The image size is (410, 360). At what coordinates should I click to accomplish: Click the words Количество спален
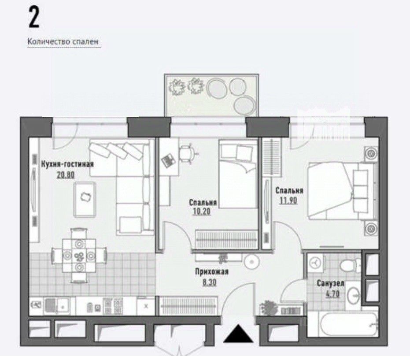coord(63,41)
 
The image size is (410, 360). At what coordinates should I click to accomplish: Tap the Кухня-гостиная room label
coord(67,164)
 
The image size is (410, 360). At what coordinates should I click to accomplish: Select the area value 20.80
coord(66,175)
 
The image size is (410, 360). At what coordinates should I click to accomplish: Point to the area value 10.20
coord(201,212)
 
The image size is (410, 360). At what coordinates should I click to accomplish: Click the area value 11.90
coord(288,200)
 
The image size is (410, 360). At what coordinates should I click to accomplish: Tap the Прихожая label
coord(211,272)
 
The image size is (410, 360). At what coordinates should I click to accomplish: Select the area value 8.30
coord(210,282)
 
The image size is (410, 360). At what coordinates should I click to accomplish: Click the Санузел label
coord(330,283)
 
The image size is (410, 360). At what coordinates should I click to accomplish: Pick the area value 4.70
coord(332,294)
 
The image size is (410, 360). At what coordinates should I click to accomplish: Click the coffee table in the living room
coord(85,200)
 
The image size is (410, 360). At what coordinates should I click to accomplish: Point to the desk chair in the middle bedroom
coord(187,152)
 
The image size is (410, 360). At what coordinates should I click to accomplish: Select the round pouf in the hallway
coord(252,261)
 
